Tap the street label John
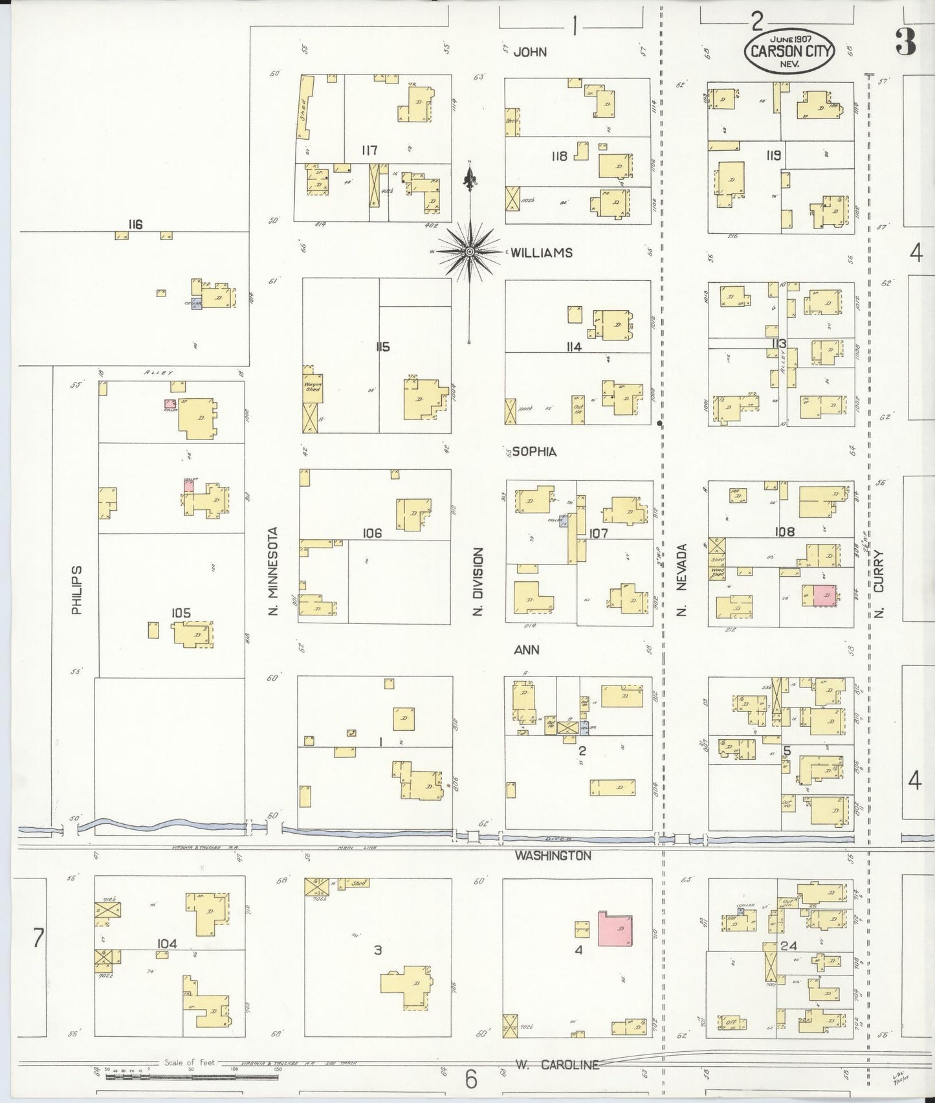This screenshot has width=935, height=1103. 529,52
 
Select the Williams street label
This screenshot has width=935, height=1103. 542,252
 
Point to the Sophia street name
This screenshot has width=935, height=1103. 534,452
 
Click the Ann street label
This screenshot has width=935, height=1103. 526,650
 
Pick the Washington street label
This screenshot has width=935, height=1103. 553,856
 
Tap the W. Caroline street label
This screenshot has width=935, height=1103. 557,1064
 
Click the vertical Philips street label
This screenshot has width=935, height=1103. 77,590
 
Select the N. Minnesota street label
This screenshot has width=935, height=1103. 274,572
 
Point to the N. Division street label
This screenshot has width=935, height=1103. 478,582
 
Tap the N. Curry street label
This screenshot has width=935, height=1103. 879,585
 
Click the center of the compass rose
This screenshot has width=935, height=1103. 469,251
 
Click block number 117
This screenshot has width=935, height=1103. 369,151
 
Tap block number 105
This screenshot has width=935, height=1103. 181,612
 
